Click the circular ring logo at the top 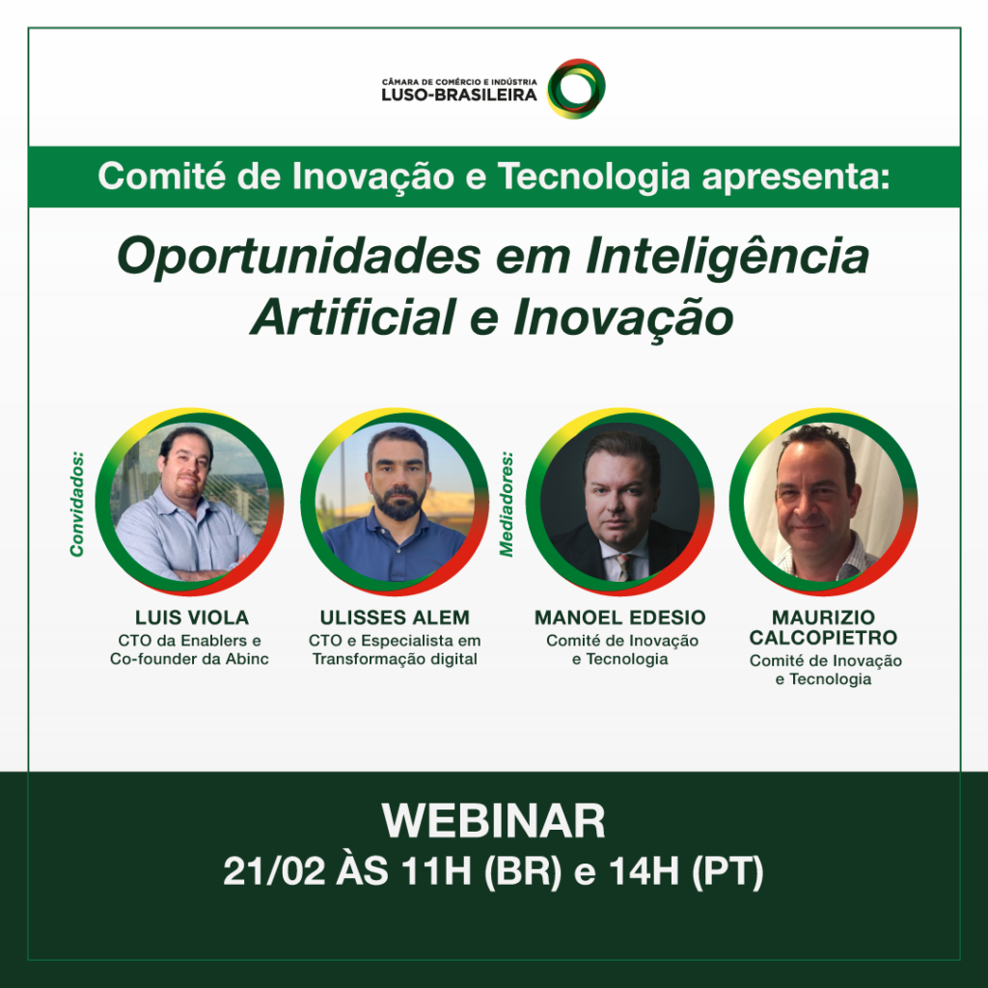pyautogui.click(x=576, y=67)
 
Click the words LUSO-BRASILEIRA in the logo pyautogui.click(x=458, y=95)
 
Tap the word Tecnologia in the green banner pyautogui.click(x=593, y=176)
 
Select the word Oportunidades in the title pyautogui.click(x=299, y=257)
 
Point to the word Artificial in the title pyautogui.click(x=353, y=316)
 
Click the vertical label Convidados pyautogui.click(x=77, y=504)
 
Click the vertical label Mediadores pyautogui.click(x=507, y=504)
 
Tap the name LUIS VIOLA pyautogui.click(x=192, y=617)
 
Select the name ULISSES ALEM pyautogui.click(x=395, y=617)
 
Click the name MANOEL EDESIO pyautogui.click(x=620, y=617)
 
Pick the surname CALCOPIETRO pyautogui.click(x=823, y=638)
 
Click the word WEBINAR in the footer pyautogui.click(x=493, y=821)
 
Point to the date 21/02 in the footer pyautogui.click(x=274, y=871)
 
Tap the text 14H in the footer pyautogui.click(x=644, y=871)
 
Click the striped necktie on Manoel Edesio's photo pyautogui.click(x=623, y=566)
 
